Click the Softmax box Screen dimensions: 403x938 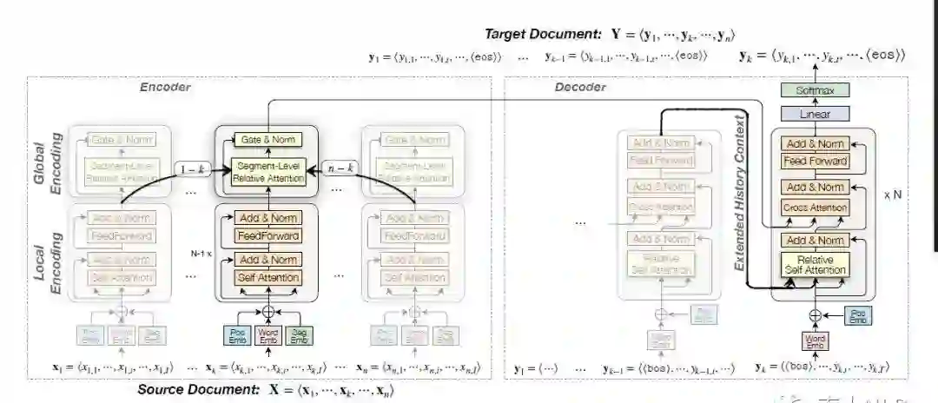[814, 90]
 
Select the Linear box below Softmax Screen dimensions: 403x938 [814, 114]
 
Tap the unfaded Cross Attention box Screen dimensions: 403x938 [814, 208]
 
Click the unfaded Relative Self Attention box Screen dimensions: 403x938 [814, 264]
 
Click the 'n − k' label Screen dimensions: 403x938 [338, 168]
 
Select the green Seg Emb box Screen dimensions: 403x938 [299, 334]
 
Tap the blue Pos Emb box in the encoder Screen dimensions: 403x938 [237, 334]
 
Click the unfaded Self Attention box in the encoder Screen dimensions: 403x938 [268, 278]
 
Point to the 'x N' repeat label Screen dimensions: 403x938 [892, 195]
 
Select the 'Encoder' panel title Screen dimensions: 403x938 [165, 87]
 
